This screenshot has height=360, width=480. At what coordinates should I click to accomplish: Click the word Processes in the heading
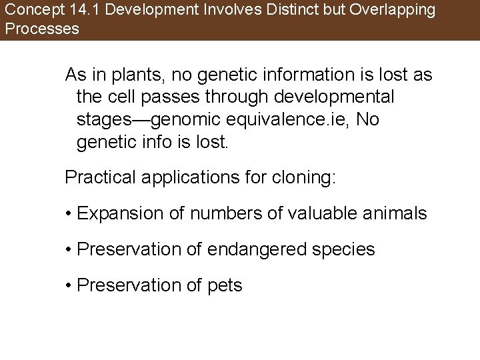coord(41,29)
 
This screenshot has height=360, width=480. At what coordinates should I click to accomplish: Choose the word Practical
coord(97,178)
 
